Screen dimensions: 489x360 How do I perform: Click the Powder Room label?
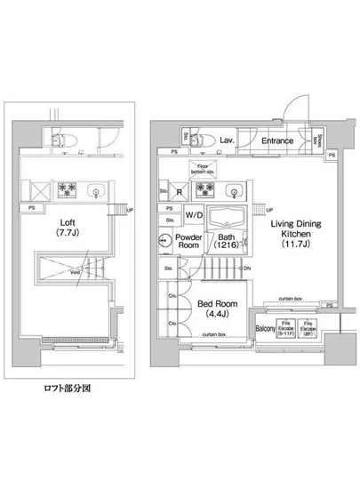pyautogui.click(x=188, y=243)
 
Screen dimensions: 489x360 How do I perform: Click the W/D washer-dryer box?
pyautogui.click(x=191, y=215)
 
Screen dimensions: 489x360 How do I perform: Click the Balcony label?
pyautogui.click(x=264, y=328)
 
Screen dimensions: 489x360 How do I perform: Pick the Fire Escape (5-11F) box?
pyautogui.click(x=286, y=328)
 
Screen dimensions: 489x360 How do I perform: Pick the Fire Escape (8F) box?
pyautogui.click(x=308, y=328)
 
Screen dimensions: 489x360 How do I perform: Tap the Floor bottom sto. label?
pyautogui.click(x=199, y=169)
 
